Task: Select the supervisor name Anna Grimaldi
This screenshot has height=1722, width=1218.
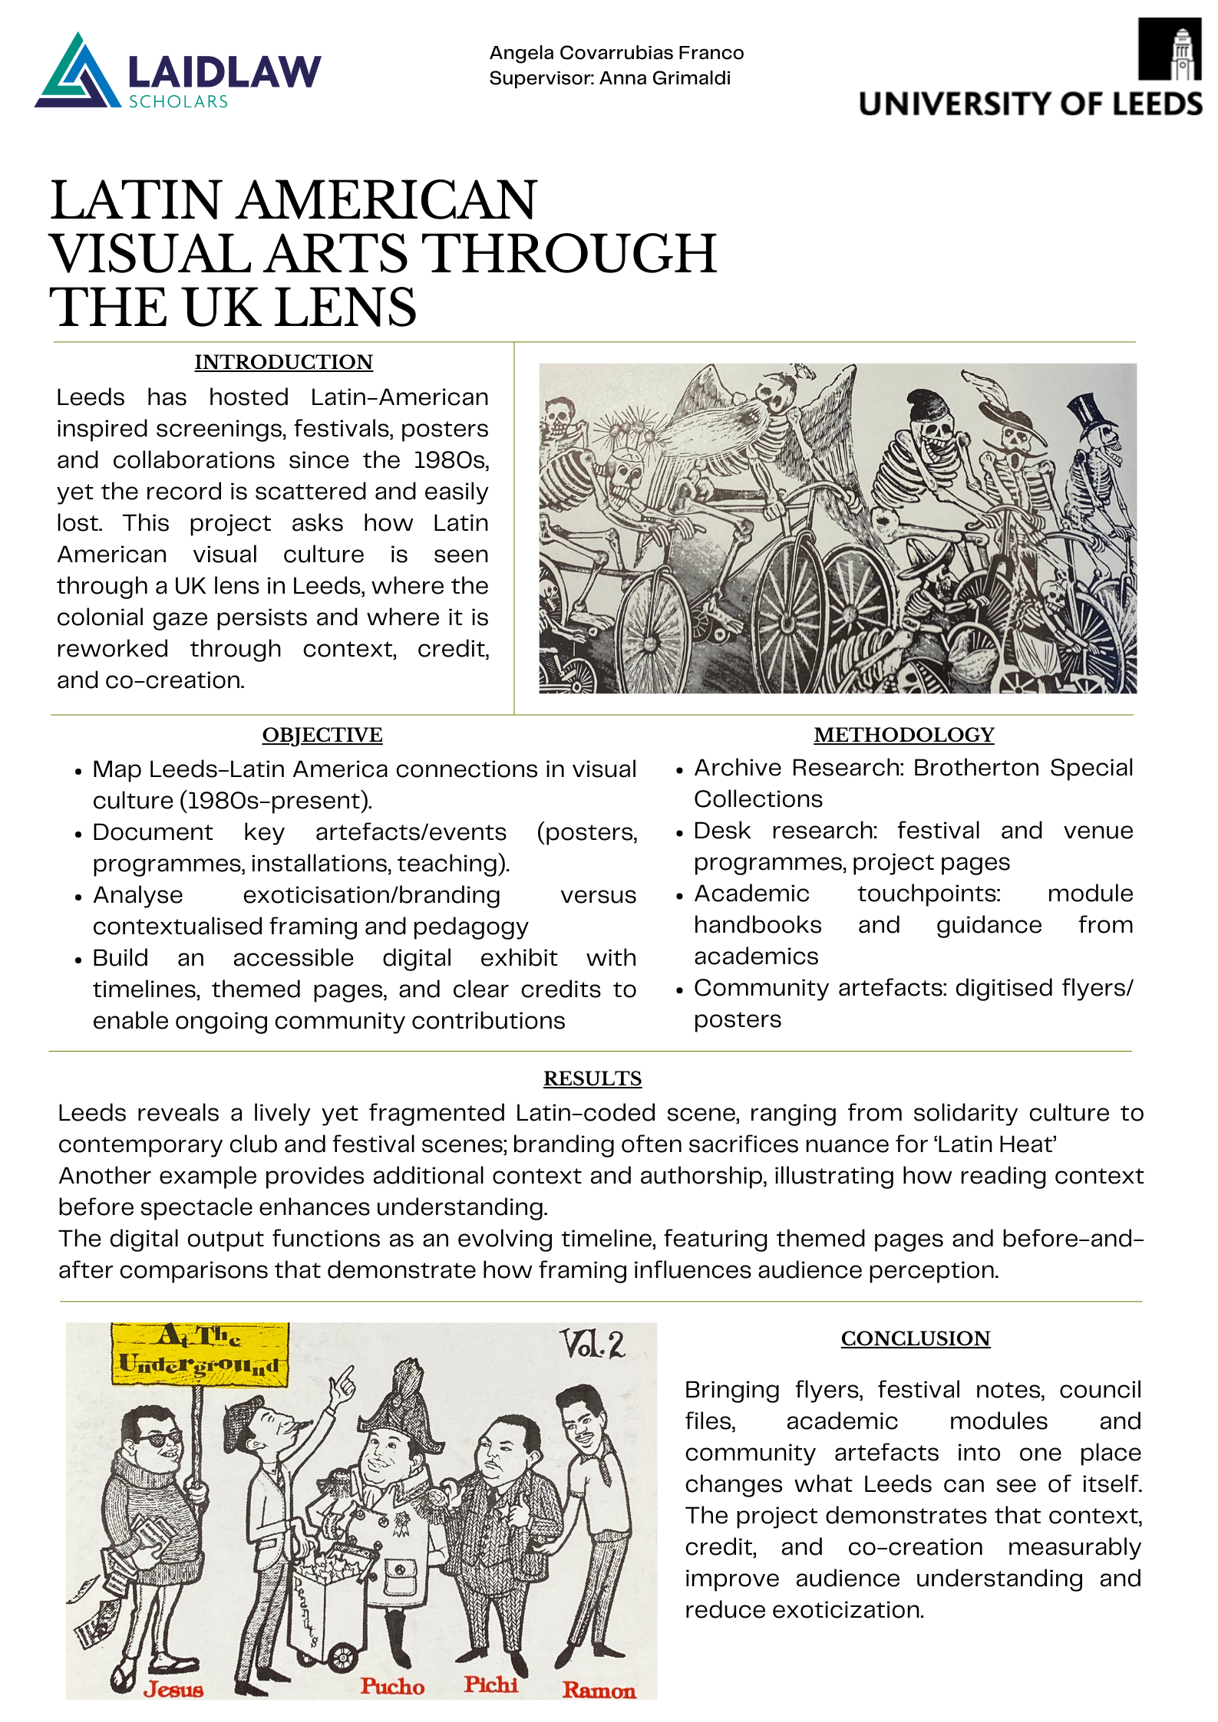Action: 665,78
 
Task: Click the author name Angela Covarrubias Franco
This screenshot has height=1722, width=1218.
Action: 616,53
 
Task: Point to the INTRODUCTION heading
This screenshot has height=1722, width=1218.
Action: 283,362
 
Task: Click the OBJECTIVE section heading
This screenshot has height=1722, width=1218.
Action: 322,735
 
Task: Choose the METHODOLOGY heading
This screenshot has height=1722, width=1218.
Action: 903,735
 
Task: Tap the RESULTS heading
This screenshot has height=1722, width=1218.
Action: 592,1078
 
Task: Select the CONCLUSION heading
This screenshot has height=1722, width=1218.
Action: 915,1338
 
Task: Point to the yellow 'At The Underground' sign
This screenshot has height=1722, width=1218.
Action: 200,1354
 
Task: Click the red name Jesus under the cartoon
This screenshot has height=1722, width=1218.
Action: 173,1689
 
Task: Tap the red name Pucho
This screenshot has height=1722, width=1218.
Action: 392,1686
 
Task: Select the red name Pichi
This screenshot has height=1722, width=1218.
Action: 490,1684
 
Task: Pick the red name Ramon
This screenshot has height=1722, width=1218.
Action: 599,1690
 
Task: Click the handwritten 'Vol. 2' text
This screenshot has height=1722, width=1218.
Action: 592,1344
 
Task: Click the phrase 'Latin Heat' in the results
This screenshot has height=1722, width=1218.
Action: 995,1144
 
